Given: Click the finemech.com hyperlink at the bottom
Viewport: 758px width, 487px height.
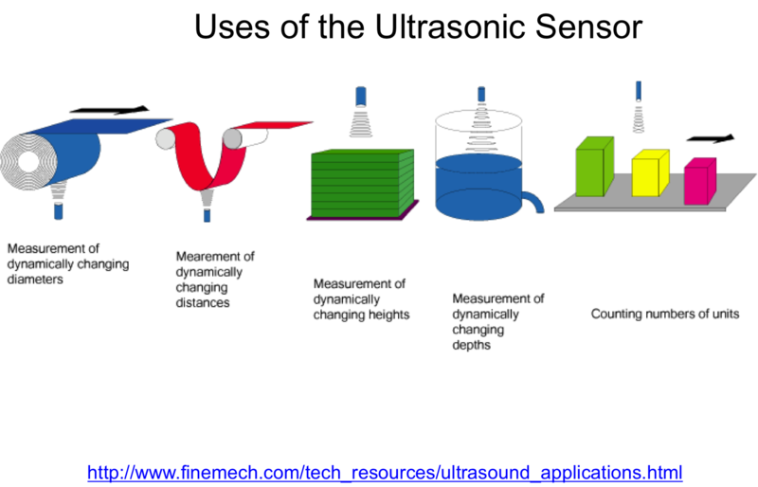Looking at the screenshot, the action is click(385, 472).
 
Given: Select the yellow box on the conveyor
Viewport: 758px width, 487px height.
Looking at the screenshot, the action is click(650, 172).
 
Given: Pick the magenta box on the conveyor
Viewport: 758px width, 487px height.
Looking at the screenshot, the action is click(700, 181).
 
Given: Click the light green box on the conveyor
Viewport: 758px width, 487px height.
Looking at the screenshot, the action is click(595, 167).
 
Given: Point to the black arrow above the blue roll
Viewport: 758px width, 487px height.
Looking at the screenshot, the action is click(109, 110).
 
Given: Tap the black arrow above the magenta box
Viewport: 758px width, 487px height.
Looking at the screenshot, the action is click(710, 138).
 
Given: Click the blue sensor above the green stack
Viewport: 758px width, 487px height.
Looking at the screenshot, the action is click(361, 97).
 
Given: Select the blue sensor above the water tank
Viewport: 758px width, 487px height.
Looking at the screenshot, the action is click(481, 94).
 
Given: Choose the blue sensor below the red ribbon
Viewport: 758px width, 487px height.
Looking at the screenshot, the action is click(207, 215).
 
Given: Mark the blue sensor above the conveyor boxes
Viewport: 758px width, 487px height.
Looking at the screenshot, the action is click(639, 90).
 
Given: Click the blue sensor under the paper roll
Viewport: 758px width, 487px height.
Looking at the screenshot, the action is click(59, 211).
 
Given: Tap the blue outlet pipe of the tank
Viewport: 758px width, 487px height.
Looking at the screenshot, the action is click(533, 201).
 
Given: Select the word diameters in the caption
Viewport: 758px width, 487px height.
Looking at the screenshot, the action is click(35, 280).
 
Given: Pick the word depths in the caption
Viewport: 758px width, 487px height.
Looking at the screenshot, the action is click(471, 345).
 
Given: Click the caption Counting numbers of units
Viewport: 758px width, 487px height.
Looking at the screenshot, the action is click(665, 314).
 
